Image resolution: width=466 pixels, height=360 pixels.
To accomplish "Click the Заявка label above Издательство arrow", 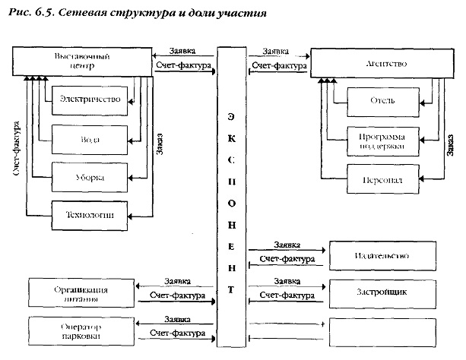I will pos(286,245).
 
